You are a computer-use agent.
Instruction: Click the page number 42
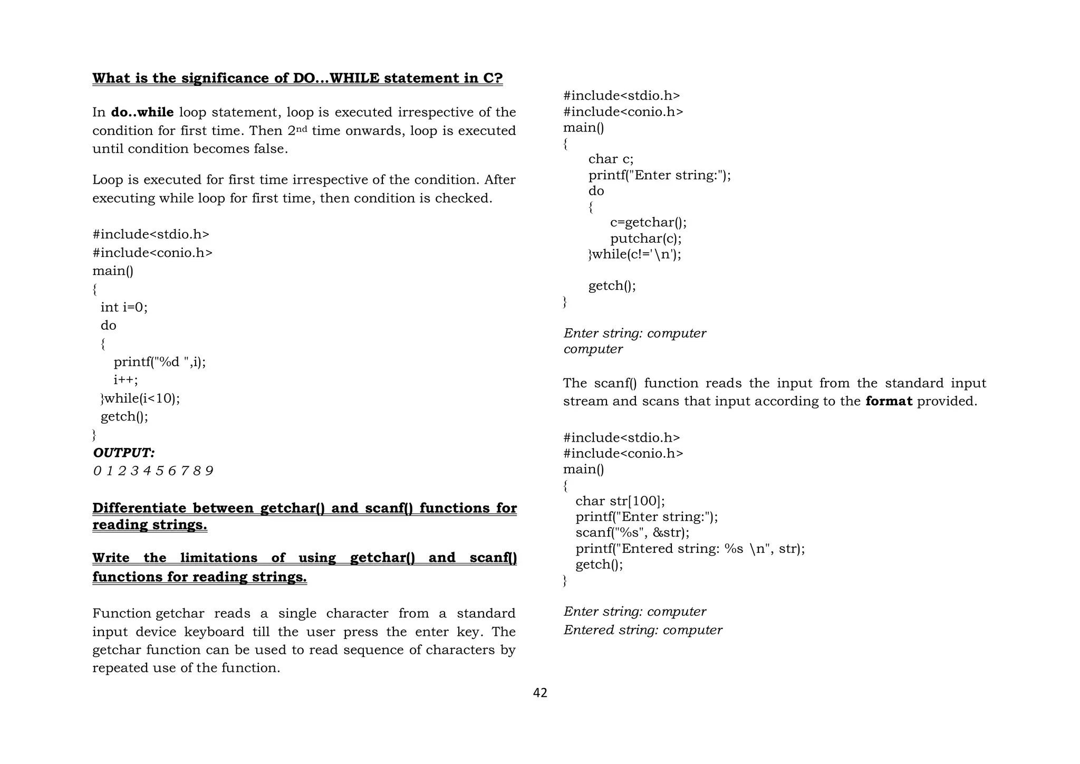click(540, 693)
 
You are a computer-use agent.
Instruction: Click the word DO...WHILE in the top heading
click(336, 78)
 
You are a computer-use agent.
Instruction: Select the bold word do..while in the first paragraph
click(142, 112)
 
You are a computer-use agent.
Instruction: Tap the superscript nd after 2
click(301, 128)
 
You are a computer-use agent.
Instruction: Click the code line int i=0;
click(124, 307)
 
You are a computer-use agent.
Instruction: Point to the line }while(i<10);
click(140, 398)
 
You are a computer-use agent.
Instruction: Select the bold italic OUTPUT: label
click(124, 453)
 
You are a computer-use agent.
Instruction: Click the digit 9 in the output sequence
click(209, 471)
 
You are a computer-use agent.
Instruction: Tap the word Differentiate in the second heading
click(139, 508)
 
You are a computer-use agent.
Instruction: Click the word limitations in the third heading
click(218, 558)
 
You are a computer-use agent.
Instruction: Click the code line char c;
click(611, 159)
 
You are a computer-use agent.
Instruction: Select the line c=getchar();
click(648, 223)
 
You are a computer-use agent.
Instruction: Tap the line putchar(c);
click(645, 238)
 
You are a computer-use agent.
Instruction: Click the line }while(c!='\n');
click(635, 254)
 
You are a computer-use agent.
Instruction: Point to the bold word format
click(889, 402)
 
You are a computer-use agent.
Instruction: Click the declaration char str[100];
click(620, 501)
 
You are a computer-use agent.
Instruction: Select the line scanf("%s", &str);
click(632, 532)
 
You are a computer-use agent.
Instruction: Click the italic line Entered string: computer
click(643, 630)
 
